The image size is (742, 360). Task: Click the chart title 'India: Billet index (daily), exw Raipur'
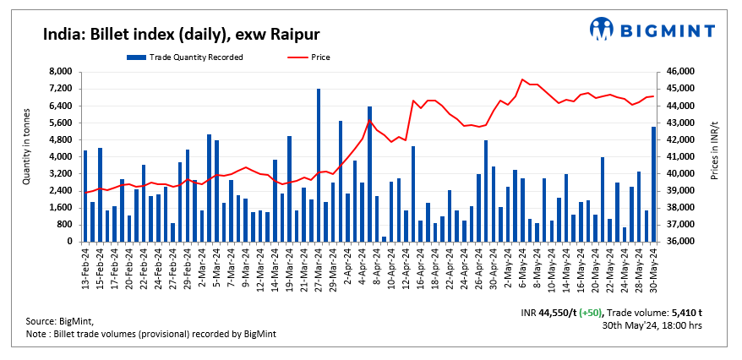[x=181, y=34]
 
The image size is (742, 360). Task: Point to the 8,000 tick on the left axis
[x=61, y=72]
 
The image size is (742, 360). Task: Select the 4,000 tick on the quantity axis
[x=61, y=157]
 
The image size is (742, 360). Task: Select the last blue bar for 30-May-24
[x=653, y=184]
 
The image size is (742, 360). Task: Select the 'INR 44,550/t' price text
[x=549, y=312]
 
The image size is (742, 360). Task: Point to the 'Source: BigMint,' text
[x=60, y=322]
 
